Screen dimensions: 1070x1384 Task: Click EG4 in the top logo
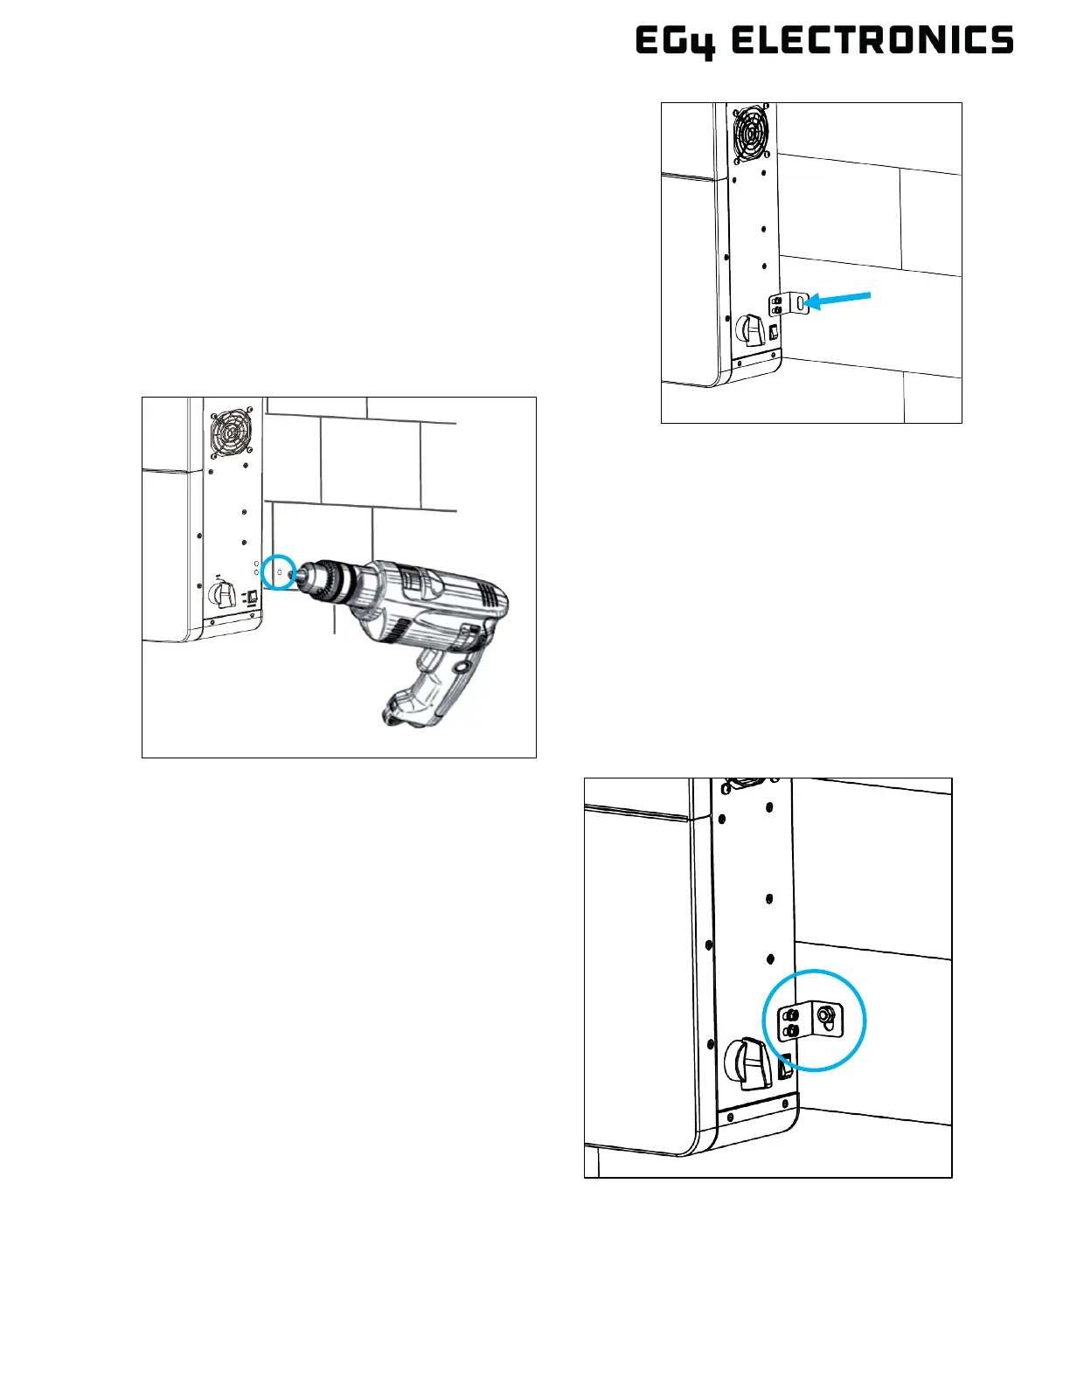(x=672, y=42)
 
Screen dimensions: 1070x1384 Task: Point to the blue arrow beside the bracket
(x=838, y=300)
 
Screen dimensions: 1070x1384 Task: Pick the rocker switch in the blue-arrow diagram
(x=774, y=332)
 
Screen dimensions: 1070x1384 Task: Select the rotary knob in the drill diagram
(x=222, y=597)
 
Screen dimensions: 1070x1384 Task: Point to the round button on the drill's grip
(x=461, y=667)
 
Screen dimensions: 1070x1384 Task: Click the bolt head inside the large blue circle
(x=824, y=1016)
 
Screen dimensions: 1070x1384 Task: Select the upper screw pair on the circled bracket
(x=791, y=1014)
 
